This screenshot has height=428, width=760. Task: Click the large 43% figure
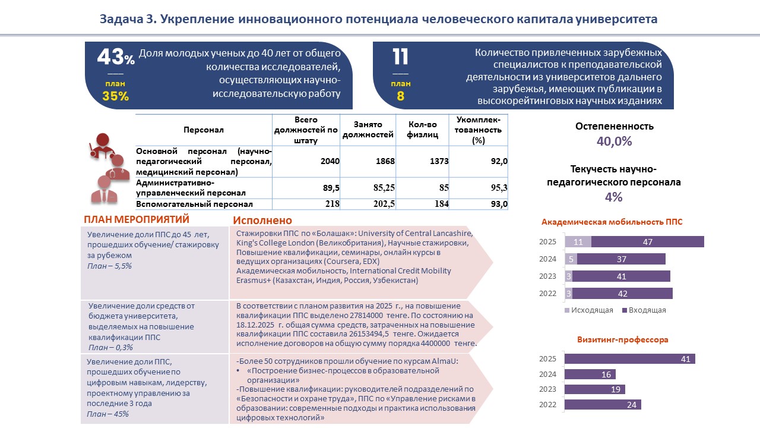pos(115,58)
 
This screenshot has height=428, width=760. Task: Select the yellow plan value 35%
pos(115,96)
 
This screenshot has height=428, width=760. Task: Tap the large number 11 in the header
pos(401,58)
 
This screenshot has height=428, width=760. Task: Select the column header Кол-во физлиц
pos(423,130)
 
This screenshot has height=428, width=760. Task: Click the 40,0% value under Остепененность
pos(614,141)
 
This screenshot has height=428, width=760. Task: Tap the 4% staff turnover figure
pos(614,197)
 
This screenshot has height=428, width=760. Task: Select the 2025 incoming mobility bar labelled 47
pos(648,242)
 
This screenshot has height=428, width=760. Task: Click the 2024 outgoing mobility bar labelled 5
pos(571,259)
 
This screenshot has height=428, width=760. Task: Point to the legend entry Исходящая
pos(587,310)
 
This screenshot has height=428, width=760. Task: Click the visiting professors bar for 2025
pos(629,359)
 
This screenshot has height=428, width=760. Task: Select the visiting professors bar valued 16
pos(590,374)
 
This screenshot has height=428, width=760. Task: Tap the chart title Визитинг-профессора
pos(623,340)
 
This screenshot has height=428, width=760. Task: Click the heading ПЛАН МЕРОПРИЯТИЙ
pos(137,219)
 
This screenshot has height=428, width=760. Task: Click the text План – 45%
pos(107,414)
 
